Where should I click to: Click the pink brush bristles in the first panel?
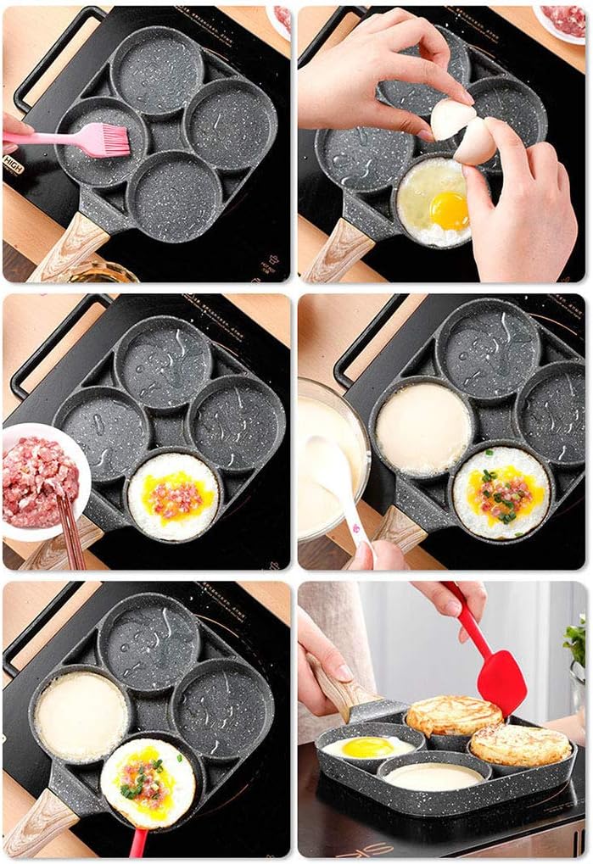click(105, 140)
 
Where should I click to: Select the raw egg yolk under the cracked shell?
click(449, 209)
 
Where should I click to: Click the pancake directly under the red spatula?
click(453, 716)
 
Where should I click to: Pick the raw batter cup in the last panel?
click(434, 774)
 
